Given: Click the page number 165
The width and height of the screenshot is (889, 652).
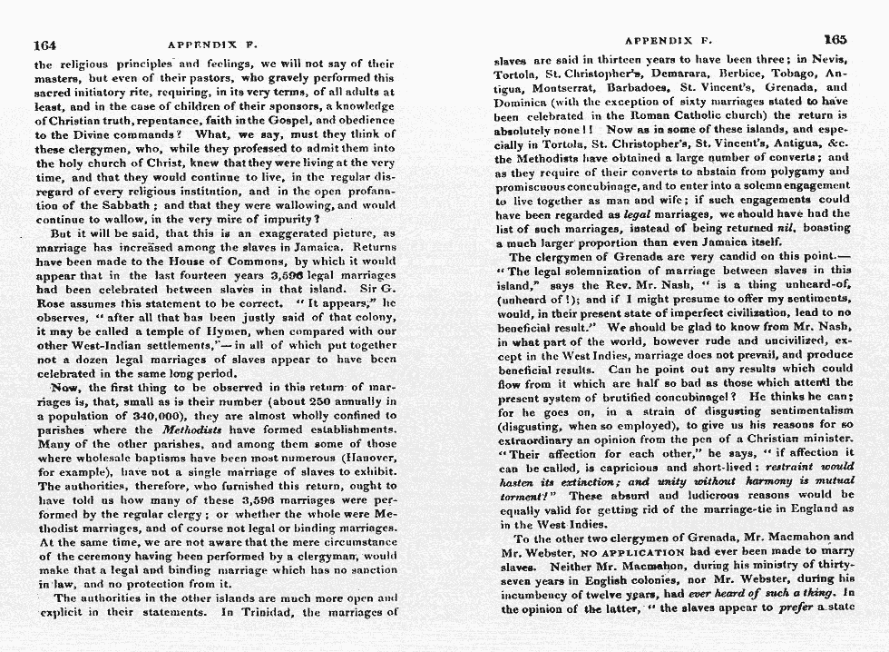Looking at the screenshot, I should coord(835,39).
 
